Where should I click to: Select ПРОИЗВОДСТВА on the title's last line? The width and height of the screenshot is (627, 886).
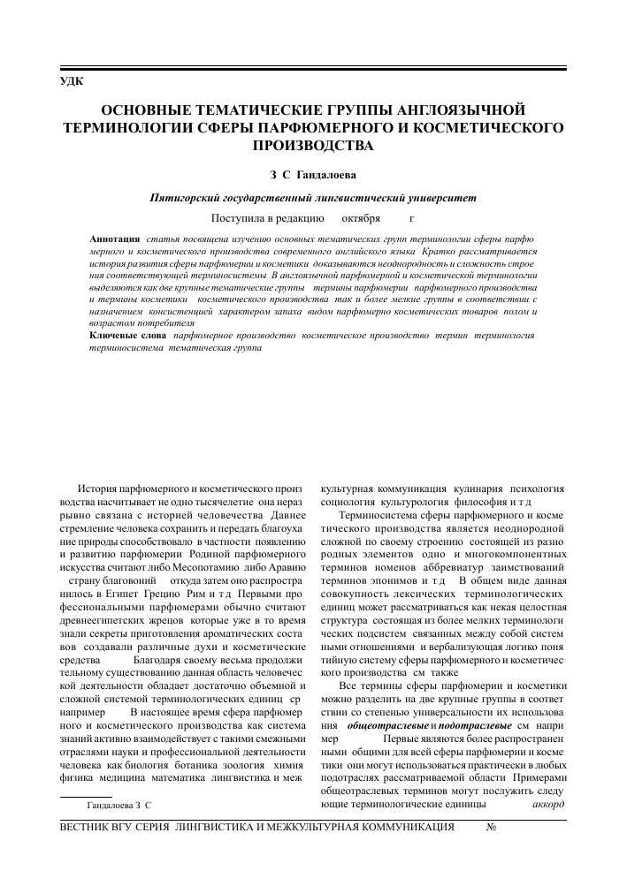click(313, 144)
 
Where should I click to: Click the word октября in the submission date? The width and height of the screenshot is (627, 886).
click(361, 217)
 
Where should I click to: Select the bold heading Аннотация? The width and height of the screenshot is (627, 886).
click(115, 239)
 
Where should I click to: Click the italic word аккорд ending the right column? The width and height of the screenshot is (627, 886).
click(548, 780)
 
